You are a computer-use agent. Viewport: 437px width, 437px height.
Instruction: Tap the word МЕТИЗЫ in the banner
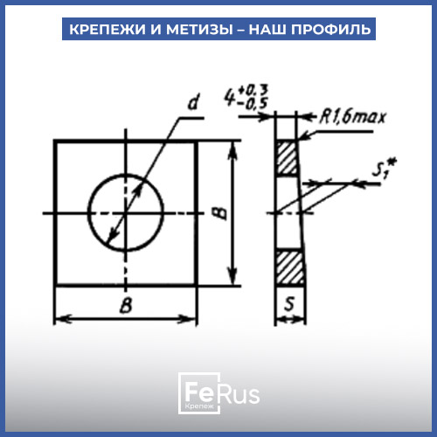pos(199,30)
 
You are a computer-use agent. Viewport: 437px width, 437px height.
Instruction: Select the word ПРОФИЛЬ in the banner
pos(331,30)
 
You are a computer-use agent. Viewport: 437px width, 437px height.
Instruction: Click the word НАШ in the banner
pos(267,30)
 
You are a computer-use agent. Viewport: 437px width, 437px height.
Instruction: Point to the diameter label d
pos(193,102)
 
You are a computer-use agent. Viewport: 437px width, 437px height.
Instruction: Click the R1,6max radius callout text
pos(353,117)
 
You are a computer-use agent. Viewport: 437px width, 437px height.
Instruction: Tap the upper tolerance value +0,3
pos(253,91)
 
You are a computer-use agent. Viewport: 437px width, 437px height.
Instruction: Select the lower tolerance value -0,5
pos(253,103)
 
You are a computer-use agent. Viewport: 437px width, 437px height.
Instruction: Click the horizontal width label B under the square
pos(126,305)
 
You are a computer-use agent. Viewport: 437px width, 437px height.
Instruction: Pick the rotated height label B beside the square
pos(222,213)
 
